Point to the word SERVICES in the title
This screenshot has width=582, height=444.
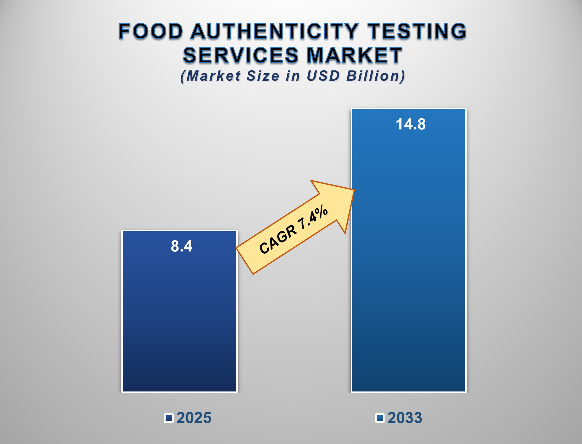(x=241, y=55)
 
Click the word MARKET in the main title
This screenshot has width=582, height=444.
(x=355, y=55)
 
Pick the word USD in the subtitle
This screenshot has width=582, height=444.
(x=323, y=76)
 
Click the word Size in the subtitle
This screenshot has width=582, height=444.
(x=263, y=76)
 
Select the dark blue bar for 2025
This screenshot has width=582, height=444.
(x=179, y=316)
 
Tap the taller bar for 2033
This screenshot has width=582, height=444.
(x=408, y=258)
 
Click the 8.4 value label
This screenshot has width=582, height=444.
(x=181, y=246)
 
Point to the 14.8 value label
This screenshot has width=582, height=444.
(x=410, y=124)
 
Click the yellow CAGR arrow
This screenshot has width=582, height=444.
(x=293, y=230)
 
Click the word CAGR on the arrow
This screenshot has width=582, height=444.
(x=278, y=239)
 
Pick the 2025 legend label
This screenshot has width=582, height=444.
(x=194, y=418)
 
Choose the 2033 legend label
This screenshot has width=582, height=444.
(x=405, y=418)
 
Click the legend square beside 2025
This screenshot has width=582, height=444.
(x=169, y=418)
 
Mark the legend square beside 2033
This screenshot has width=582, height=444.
(x=380, y=418)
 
